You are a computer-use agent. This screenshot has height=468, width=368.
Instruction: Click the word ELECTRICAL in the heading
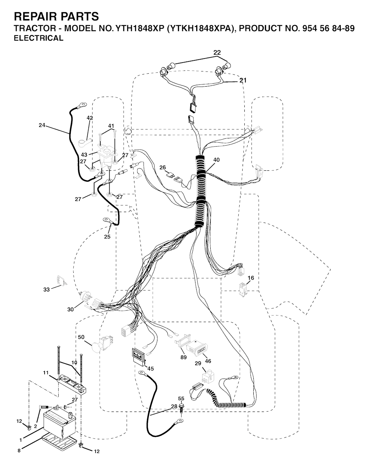[x=38, y=38]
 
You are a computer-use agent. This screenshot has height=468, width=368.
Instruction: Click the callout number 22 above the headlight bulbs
[x=217, y=52]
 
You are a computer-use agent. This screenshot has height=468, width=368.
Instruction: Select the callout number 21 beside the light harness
[x=243, y=80]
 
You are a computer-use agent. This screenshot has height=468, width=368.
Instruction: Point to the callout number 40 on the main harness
[x=216, y=160]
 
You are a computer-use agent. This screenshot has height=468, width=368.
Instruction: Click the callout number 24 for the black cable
[x=42, y=125]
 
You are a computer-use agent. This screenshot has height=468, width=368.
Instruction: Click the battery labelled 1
[x=60, y=424]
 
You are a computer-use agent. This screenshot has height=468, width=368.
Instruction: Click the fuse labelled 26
[x=174, y=176]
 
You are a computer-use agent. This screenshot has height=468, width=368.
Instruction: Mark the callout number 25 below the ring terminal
[x=107, y=237]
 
